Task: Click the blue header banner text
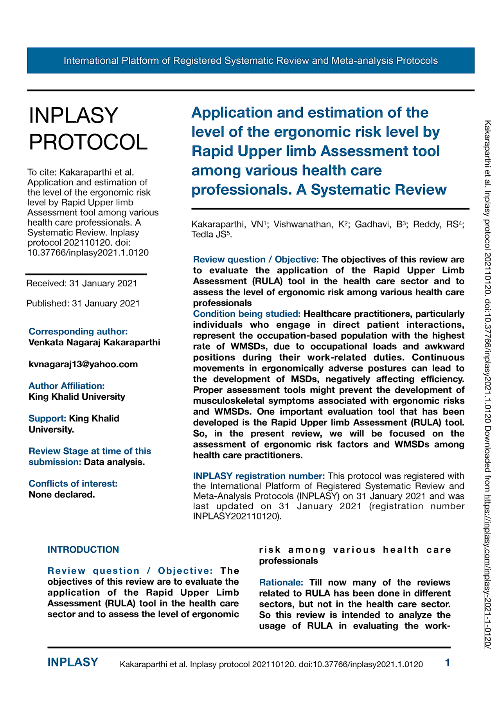(x=250, y=61)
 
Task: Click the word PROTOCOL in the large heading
(x=88, y=142)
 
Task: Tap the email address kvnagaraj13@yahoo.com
(x=83, y=364)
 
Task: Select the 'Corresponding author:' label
(x=78, y=331)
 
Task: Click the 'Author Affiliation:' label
(x=67, y=386)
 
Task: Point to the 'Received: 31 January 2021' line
(x=82, y=283)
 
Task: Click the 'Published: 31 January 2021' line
(x=83, y=303)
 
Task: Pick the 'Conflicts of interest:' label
(x=73, y=483)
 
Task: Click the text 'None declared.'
(x=62, y=494)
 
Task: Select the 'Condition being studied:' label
(x=247, y=314)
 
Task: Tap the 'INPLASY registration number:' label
(x=259, y=476)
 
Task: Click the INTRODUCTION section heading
(x=83, y=550)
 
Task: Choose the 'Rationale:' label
(x=281, y=582)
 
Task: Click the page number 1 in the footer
(x=448, y=663)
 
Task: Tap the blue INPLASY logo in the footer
(x=73, y=662)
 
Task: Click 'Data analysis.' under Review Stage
(x=115, y=462)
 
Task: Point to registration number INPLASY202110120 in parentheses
(x=236, y=516)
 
